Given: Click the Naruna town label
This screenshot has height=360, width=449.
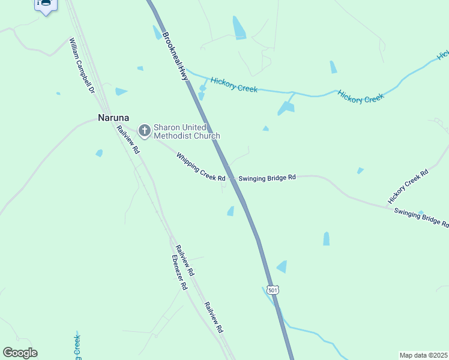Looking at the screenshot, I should tap(114, 118).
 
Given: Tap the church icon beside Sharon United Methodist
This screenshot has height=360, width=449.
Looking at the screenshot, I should tap(145, 130).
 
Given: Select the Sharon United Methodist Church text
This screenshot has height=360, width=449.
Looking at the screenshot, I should tap(187, 131).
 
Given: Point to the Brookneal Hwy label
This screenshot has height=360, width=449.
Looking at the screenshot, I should tap(172, 55).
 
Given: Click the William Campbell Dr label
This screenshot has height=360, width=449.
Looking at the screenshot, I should tap(82, 66).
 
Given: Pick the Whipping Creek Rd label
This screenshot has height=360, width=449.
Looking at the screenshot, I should tap(200, 167).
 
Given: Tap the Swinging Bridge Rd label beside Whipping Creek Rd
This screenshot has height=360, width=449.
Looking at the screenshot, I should tap(267, 178).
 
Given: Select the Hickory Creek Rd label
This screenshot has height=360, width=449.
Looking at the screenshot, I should tap(408, 186).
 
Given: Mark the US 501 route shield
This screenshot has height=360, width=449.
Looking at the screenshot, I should tap(273, 290).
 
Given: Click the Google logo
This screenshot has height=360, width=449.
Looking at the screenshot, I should tap(20, 353).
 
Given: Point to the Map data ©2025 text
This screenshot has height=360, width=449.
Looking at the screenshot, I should tap(423, 355).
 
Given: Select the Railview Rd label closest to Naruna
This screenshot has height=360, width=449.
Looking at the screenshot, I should tap(128, 140).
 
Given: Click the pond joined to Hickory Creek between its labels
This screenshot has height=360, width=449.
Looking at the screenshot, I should tap(286, 107).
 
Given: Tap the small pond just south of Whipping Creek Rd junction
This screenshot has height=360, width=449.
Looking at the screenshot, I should tap(231, 211).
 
